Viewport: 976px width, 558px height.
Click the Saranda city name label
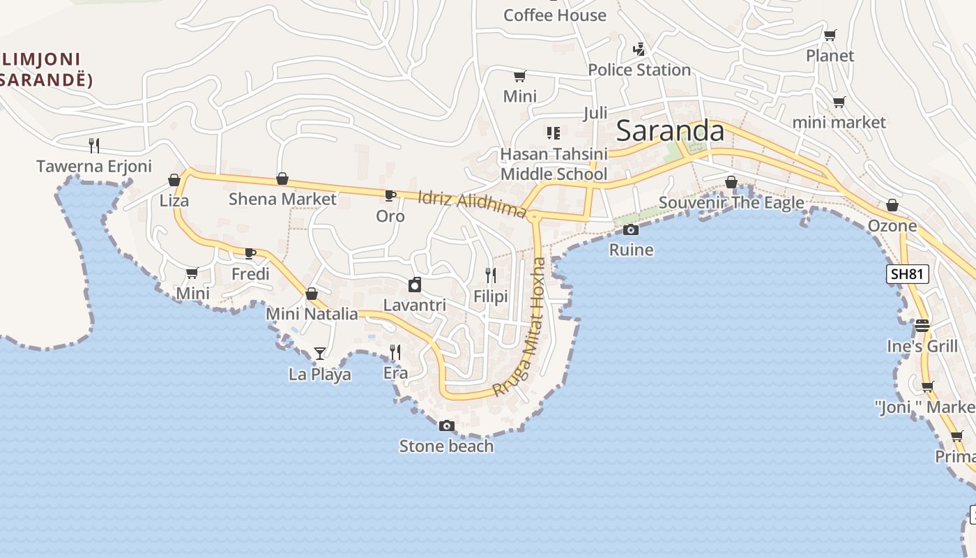click(x=670, y=131)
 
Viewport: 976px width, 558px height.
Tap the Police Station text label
click(x=639, y=70)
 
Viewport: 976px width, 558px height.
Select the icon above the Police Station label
click(x=639, y=50)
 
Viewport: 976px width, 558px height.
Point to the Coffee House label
click(x=554, y=15)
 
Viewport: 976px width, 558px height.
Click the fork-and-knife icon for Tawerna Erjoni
click(x=94, y=146)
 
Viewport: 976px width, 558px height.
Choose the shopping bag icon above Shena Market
click(x=282, y=179)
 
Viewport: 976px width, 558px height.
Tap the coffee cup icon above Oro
click(x=390, y=196)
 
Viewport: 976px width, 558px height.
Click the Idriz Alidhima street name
click(x=472, y=204)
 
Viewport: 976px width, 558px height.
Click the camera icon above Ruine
click(x=631, y=229)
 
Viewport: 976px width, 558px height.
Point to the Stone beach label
click(x=446, y=446)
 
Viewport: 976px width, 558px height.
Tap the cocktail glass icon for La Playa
click(x=319, y=354)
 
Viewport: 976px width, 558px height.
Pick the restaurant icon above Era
click(x=395, y=352)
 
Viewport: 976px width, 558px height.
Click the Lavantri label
click(x=415, y=305)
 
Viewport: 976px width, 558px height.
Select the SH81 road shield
click(x=908, y=274)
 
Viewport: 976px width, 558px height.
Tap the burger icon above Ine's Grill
click(x=922, y=326)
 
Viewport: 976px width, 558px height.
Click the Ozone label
click(x=892, y=226)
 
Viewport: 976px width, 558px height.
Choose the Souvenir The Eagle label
click(x=731, y=203)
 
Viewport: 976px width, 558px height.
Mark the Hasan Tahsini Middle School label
click(x=554, y=164)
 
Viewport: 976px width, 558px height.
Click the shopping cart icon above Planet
click(x=830, y=36)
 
